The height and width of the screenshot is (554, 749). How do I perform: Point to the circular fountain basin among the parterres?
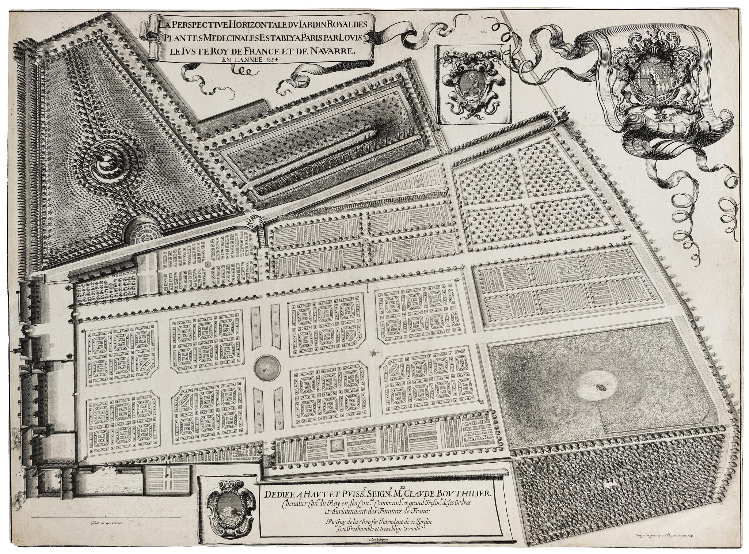(266, 367)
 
